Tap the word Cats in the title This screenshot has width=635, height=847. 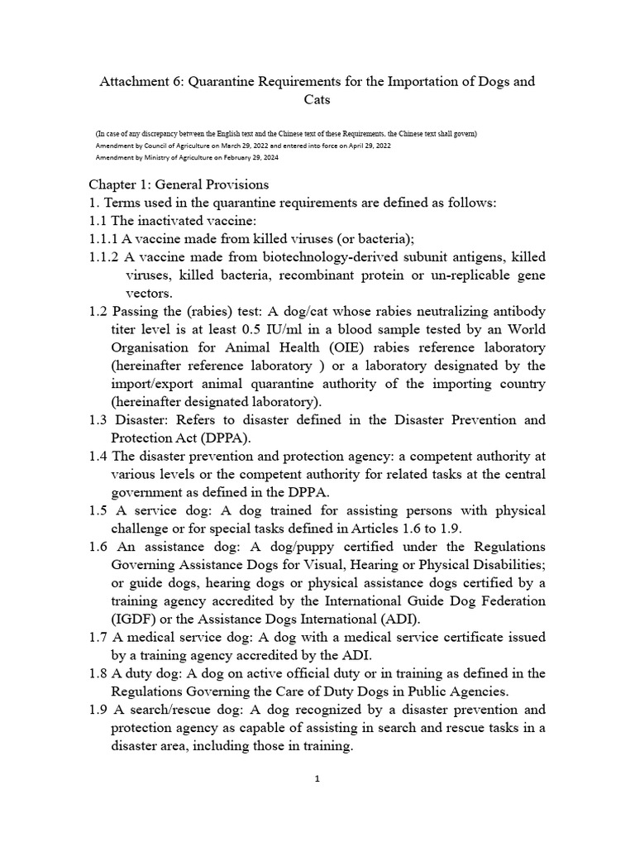point(317,99)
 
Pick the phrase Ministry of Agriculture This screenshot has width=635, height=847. point(175,156)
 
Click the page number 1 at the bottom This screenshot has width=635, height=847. point(317,778)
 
